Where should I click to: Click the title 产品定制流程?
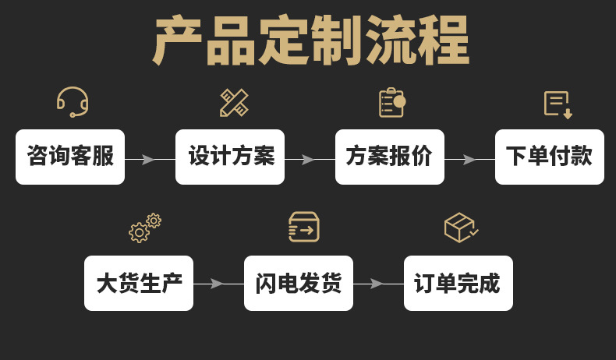click(x=311, y=41)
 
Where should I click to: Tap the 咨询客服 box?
click(x=70, y=157)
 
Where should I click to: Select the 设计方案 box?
click(x=230, y=157)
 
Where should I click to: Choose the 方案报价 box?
click(x=390, y=157)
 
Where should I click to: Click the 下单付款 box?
click(x=550, y=157)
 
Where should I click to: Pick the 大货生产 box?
click(x=139, y=283)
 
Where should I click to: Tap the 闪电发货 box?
click(x=299, y=283)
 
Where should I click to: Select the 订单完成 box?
click(x=458, y=283)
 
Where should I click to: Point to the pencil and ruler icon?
click(x=234, y=103)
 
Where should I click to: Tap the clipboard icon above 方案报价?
click(x=391, y=103)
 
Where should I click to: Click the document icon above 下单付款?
click(x=557, y=104)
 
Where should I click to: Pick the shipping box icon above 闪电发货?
click(x=303, y=227)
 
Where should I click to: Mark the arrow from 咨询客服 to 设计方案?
click(x=150, y=160)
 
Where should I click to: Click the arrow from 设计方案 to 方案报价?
click(x=310, y=160)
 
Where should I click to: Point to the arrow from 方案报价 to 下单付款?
click(x=470, y=160)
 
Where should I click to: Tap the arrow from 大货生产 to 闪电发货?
click(x=219, y=284)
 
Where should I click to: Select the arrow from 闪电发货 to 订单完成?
click(x=379, y=284)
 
